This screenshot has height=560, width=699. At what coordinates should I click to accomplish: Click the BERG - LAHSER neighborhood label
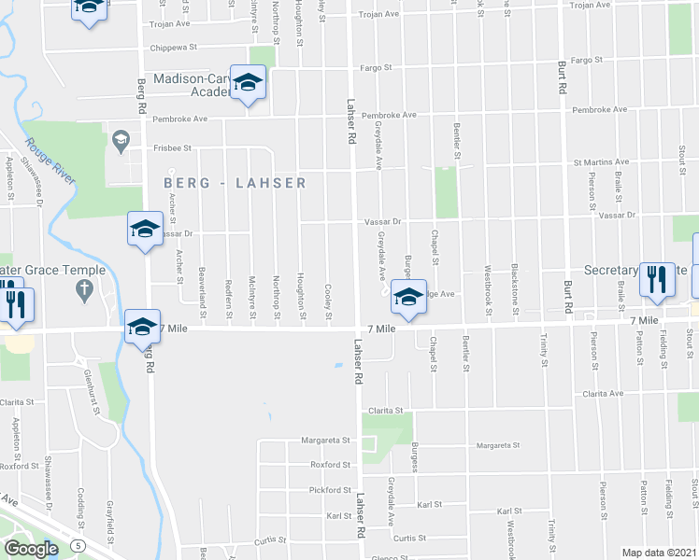[235, 183]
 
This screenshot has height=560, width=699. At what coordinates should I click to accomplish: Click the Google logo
[32, 549]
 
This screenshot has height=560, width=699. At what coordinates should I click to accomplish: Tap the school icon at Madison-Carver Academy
[248, 85]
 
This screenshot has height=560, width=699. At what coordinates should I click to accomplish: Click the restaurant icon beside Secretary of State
[657, 278]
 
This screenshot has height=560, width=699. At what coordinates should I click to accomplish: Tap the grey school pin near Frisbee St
[120, 142]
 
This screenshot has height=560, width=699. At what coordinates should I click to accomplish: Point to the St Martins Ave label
[601, 162]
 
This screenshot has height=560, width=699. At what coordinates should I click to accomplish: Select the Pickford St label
[331, 489]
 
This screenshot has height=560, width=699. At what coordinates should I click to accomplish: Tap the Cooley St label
[328, 301]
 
